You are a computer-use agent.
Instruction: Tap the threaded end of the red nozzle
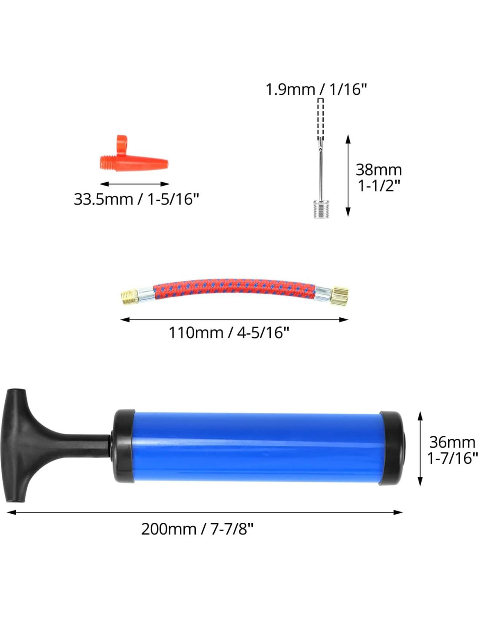107,163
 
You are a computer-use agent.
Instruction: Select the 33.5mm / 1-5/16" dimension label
136,199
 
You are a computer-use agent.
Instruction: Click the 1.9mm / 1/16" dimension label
316,89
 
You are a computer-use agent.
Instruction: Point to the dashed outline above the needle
320,119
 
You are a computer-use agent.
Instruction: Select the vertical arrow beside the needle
348,176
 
